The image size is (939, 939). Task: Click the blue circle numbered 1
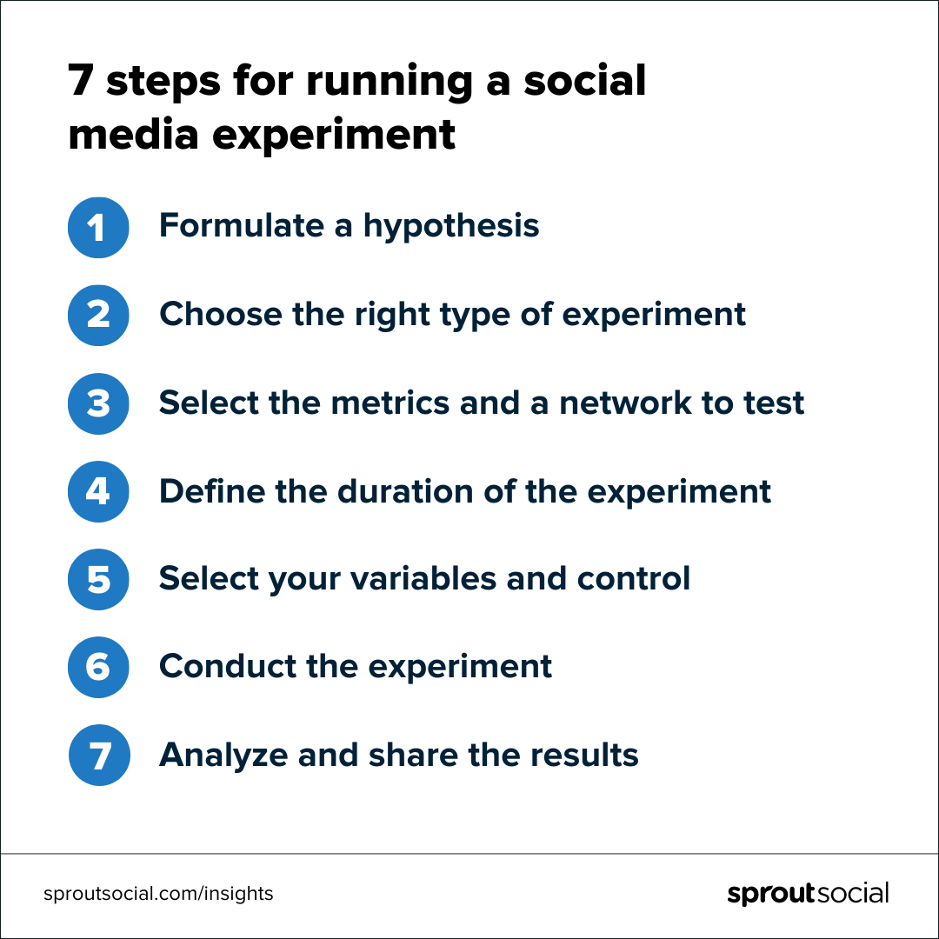[x=98, y=228]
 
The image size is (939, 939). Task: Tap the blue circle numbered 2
[x=98, y=316]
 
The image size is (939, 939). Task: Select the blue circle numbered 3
[x=98, y=403]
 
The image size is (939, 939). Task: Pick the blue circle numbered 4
[x=98, y=491]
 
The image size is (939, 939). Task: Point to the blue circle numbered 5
[x=98, y=579]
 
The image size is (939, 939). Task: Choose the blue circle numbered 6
[x=98, y=667]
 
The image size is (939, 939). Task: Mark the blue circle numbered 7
[x=98, y=755]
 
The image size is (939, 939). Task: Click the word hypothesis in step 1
[x=451, y=227]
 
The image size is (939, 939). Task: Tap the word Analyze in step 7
[x=223, y=756]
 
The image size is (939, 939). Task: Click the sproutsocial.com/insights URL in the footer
[x=158, y=893]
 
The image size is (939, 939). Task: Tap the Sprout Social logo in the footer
[x=808, y=894]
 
